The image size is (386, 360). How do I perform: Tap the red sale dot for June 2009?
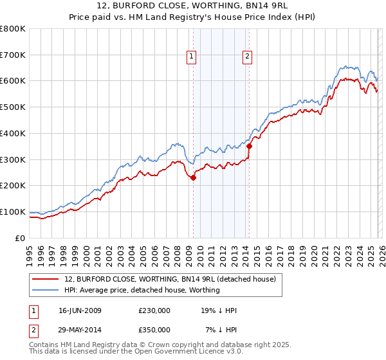tap(193, 178)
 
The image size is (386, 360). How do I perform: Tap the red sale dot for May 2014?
tap(249, 146)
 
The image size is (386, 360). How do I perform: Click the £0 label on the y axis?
tap(21, 238)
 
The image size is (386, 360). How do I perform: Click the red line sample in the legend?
tap(46, 279)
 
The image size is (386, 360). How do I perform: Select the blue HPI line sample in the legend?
tap(46, 290)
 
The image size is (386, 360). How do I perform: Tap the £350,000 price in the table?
tap(154, 329)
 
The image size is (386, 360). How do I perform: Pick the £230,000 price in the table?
tap(154, 310)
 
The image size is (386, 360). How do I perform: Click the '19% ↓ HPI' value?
tap(219, 310)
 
